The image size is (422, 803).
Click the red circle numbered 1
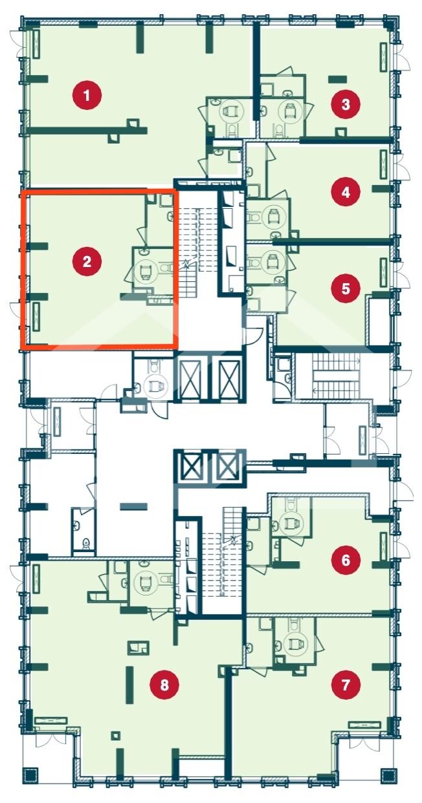point(87,96)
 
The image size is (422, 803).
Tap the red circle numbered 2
point(87,262)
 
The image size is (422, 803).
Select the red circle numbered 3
point(345,105)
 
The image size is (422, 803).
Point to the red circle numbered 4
point(345,193)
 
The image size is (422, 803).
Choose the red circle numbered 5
point(345,288)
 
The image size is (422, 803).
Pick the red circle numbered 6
point(345,560)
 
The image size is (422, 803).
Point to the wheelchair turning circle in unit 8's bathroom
point(146,583)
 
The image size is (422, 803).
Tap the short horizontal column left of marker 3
point(338,78)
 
